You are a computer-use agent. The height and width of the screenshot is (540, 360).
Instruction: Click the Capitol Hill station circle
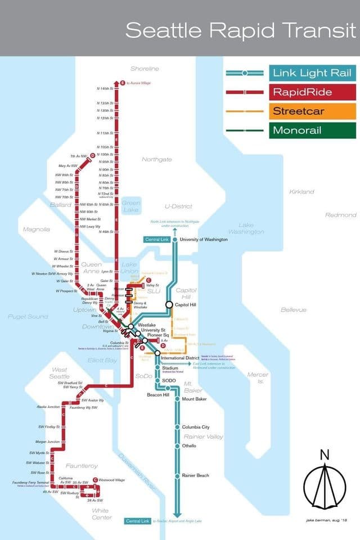[169, 304]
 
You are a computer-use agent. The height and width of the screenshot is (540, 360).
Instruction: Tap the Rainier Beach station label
[195, 476]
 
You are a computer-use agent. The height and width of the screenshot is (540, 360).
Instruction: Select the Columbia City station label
[195, 427]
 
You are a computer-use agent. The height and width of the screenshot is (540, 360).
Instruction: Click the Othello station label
[189, 445]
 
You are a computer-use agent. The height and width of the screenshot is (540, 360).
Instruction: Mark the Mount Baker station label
[194, 399]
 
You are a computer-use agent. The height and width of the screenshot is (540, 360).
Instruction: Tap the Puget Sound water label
[28, 317]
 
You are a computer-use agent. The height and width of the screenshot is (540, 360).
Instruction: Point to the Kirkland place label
[301, 192]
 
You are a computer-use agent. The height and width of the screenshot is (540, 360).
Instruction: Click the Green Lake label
[130, 206]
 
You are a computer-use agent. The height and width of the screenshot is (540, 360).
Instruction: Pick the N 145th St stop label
[105, 89]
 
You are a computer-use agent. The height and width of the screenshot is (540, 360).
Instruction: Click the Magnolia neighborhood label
[36, 229]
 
